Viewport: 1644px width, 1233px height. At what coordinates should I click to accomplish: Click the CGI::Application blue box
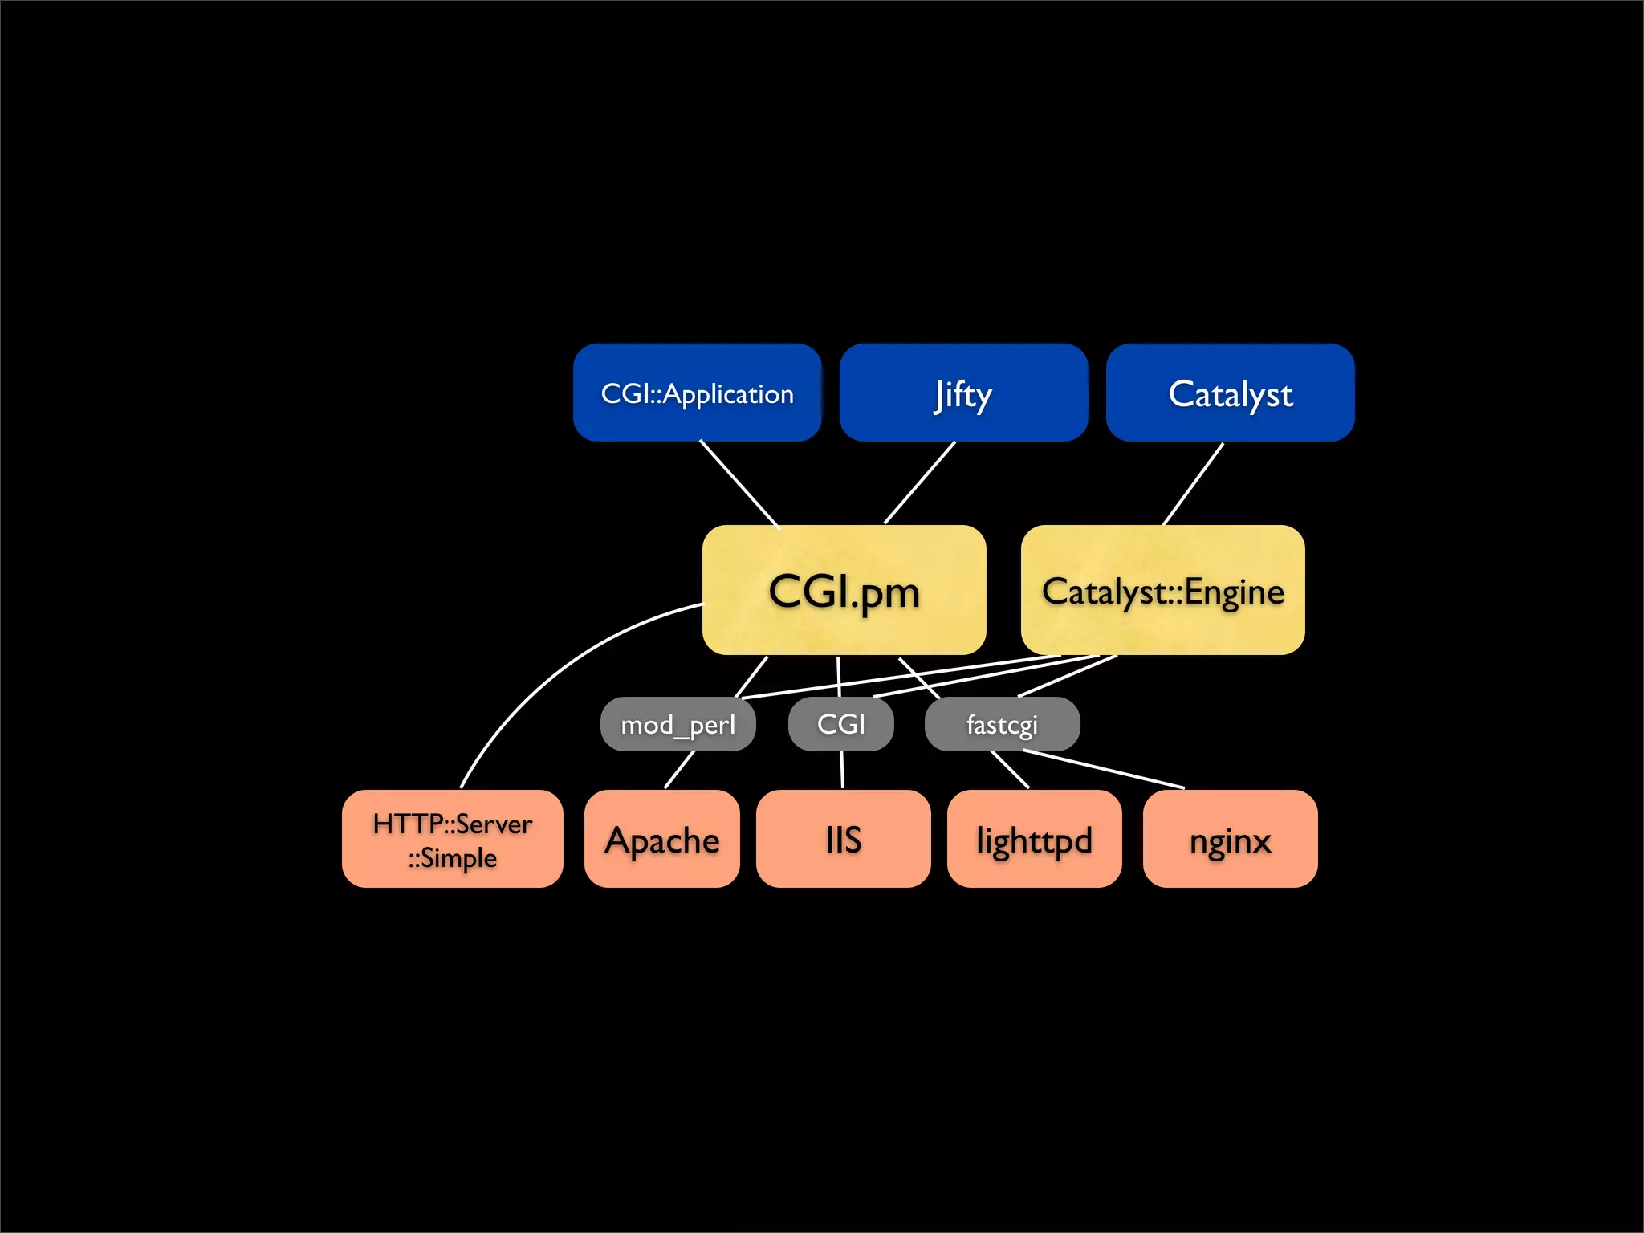tap(697, 393)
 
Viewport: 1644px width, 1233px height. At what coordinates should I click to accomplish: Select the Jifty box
tap(963, 393)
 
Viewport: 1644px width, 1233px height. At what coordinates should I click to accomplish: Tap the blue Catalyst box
tap(1230, 393)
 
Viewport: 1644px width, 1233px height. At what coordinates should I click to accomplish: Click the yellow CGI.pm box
tap(844, 591)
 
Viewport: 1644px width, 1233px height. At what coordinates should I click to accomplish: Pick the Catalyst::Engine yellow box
tap(1162, 591)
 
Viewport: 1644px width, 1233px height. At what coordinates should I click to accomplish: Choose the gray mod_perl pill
tap(678, 725)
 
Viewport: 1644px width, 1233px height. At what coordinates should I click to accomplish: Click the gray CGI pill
tap(840, 724)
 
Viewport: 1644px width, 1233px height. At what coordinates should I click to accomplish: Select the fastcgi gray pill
tap(1002, 724)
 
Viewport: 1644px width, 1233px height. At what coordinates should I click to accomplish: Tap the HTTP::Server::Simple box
tap(452, 840)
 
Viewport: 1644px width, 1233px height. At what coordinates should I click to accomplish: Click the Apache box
tap(661, 840)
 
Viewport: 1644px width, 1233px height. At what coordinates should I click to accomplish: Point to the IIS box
tap(843, 840)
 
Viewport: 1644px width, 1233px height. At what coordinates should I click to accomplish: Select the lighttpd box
tap(1034, 840)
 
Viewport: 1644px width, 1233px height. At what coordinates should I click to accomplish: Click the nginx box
tap(1230, 840)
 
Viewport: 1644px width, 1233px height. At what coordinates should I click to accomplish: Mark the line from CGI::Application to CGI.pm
tap(739, 483)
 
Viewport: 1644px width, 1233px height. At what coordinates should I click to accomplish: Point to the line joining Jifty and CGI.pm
tap(920, 482)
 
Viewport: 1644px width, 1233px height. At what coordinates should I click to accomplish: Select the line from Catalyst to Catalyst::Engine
tap(1193, 484)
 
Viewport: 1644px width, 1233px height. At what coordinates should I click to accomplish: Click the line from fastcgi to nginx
tap(1104, 769)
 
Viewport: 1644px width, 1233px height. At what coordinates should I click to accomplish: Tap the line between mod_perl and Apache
tap(679, 770)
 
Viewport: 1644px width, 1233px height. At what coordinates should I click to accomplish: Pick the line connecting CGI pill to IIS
tap(842, 770)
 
